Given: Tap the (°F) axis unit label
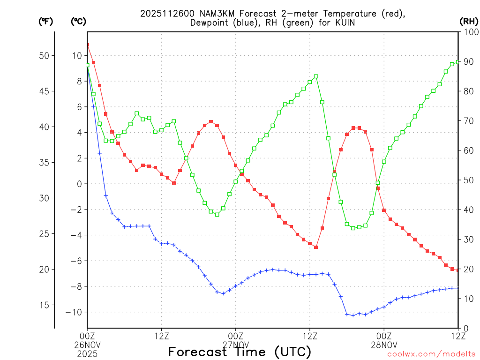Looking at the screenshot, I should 46,21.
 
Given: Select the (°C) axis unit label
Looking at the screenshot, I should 78,21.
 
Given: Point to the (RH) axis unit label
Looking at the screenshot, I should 469,21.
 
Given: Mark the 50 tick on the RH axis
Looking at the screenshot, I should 468,180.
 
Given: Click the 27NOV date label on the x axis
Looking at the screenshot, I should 236,344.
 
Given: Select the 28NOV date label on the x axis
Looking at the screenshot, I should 384,344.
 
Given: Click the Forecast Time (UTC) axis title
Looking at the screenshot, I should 240,352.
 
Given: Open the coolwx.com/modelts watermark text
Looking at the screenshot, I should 431,354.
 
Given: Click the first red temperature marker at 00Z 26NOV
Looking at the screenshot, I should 87,45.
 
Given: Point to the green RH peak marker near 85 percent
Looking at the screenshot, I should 316,76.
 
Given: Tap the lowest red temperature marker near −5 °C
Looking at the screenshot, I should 316,247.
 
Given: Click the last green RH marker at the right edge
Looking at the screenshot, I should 458,61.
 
